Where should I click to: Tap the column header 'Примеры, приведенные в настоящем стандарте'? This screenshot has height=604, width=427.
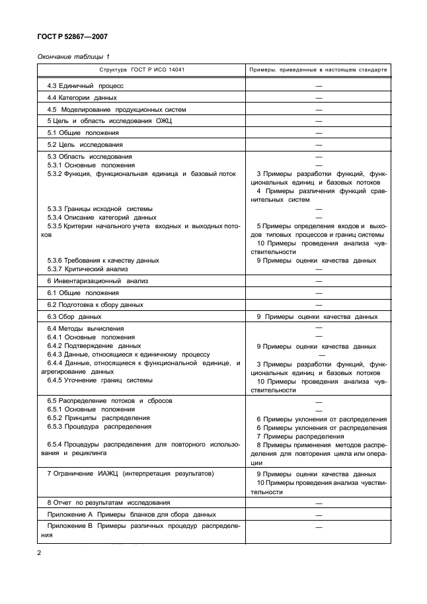(x=317, y=69)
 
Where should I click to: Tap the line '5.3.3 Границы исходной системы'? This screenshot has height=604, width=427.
(x=100, y=208)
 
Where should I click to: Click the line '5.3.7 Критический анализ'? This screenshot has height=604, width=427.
(x=87, y=269)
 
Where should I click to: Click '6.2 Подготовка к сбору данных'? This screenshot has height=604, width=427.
(x=95, y=305)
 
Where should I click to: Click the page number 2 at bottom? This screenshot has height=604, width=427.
(x=38, y=553)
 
